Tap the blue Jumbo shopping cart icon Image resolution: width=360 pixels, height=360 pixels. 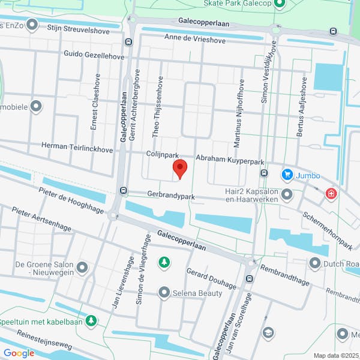[287, 175]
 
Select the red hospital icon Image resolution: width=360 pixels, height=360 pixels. [330, 194]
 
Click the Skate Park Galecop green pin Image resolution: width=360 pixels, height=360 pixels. [279, 4]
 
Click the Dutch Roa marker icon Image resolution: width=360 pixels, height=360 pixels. [315, 263]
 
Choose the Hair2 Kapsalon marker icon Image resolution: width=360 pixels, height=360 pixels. [287, 194]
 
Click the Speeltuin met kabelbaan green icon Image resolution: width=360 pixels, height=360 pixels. [91, 322]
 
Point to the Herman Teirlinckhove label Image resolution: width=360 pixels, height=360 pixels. [77, 146]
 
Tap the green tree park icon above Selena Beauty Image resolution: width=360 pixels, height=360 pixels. [163, 262]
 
